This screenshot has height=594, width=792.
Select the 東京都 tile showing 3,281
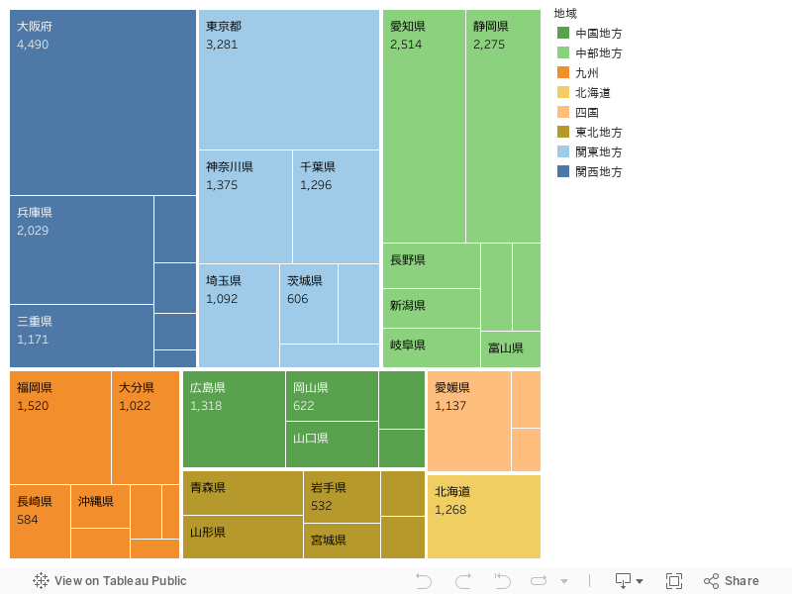[x=289, y=79]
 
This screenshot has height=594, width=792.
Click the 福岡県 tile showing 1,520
[x=60, y=427]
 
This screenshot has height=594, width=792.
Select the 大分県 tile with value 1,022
[x=146, y=427]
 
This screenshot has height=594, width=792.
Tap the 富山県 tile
[x=511, y=348]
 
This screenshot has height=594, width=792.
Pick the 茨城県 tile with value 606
[x=308, y=303]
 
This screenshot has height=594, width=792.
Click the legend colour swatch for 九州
[x=563, y=73]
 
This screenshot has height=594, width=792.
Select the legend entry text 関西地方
[x=599, y=172]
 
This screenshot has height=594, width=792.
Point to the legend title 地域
[x=566, y=13]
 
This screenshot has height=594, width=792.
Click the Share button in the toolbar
[x=732, y=581]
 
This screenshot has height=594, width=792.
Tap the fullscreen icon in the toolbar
[x=674, y=581]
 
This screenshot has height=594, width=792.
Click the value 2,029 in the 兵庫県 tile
[x=33, y=231]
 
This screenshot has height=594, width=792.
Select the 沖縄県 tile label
[x=96, y=502]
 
